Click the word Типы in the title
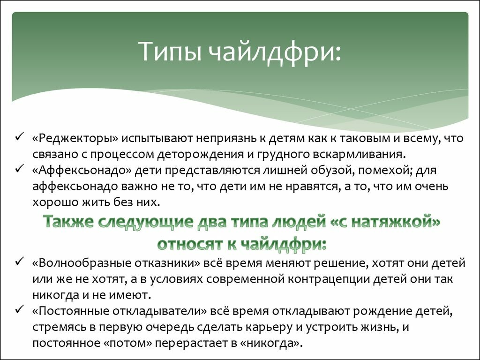(170, 51)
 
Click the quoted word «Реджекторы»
(75, 139)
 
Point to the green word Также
(68, 221)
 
